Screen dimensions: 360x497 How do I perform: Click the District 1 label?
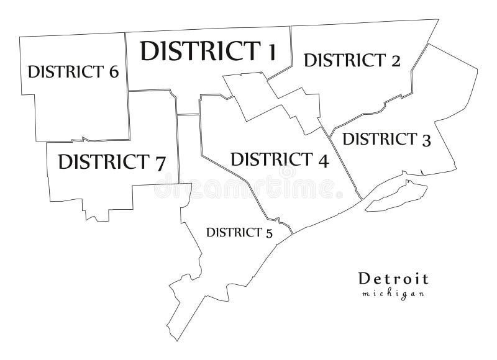[x=207, y=51]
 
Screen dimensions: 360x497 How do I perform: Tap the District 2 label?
[x=352, y=60]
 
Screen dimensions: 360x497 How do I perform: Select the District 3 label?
[x=386, y=139]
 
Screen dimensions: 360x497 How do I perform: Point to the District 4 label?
[x=279, y=160]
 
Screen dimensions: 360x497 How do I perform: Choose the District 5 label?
[x=239, y=233]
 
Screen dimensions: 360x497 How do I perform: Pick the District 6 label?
[x=73, y=71]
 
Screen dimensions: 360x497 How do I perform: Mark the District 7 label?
[x=111, y=163]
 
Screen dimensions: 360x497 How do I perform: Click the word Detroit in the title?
[x=393, y=279]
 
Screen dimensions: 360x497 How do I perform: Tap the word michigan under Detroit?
[x=393, y=294]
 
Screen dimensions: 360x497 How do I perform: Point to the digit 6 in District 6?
[x=112, y=72]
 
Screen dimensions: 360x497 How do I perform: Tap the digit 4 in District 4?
[x=322, y=161]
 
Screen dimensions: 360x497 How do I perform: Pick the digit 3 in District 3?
[x=426, y=140]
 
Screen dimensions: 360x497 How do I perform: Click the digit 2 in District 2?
[x=394, y=61]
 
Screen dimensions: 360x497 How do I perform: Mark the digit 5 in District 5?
[x=268, y=234]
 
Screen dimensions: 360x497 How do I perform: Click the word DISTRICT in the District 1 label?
[x=194, y=51]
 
